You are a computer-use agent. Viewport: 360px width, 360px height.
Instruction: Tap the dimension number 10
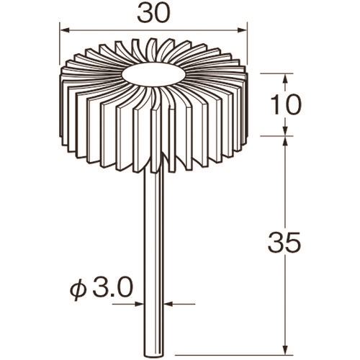click(285, 105)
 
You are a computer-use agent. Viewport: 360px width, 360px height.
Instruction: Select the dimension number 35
click(284, 242)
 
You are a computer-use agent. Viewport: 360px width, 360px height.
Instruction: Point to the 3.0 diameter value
click(112, 288)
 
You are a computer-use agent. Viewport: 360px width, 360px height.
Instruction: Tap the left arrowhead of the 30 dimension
click(64, 30)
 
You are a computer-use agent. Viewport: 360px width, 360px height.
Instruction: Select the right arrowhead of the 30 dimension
click(242, 30)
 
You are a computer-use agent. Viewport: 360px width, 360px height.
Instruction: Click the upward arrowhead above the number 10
click(285, 78)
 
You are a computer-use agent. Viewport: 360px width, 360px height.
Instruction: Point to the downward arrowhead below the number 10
click(285, 131)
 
